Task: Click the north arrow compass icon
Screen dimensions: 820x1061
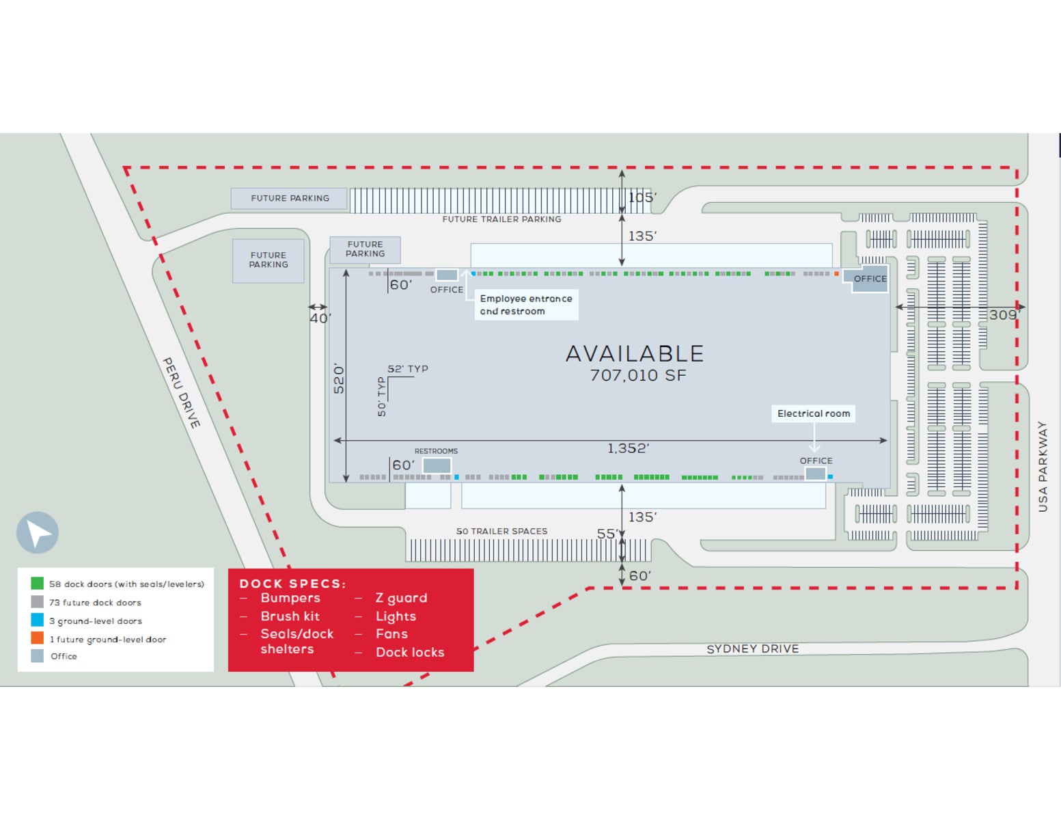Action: pos(38,532)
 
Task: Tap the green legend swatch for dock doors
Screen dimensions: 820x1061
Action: pos(37,584)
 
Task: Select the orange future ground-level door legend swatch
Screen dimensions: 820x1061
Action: pos(37,638)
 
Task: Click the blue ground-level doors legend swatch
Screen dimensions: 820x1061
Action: pos(37,620)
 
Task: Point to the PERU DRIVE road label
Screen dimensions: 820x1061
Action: pos(181,393)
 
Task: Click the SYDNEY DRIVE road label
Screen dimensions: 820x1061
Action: pos(752,648)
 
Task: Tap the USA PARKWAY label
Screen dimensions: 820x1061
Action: pos(1043,466)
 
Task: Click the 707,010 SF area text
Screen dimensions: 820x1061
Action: pos(637,375)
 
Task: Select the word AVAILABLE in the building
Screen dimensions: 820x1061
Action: pos(635,353)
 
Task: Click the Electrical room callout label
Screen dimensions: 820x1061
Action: pos(813,413)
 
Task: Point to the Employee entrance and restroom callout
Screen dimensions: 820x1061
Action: pos(526,305)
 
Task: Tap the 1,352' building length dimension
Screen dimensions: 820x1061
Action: pos(628,448)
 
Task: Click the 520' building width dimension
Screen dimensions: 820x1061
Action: pos(339,378)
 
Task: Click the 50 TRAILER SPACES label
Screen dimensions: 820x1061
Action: pos(501,531)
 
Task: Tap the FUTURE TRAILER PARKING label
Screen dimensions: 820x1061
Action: pos(501,219)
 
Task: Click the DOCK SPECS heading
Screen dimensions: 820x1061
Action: pos(292,584)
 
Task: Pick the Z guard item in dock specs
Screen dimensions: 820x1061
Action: pos(401,598)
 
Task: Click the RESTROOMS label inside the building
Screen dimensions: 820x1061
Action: pos(436,451)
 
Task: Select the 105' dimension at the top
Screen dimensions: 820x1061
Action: pos(642,197)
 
